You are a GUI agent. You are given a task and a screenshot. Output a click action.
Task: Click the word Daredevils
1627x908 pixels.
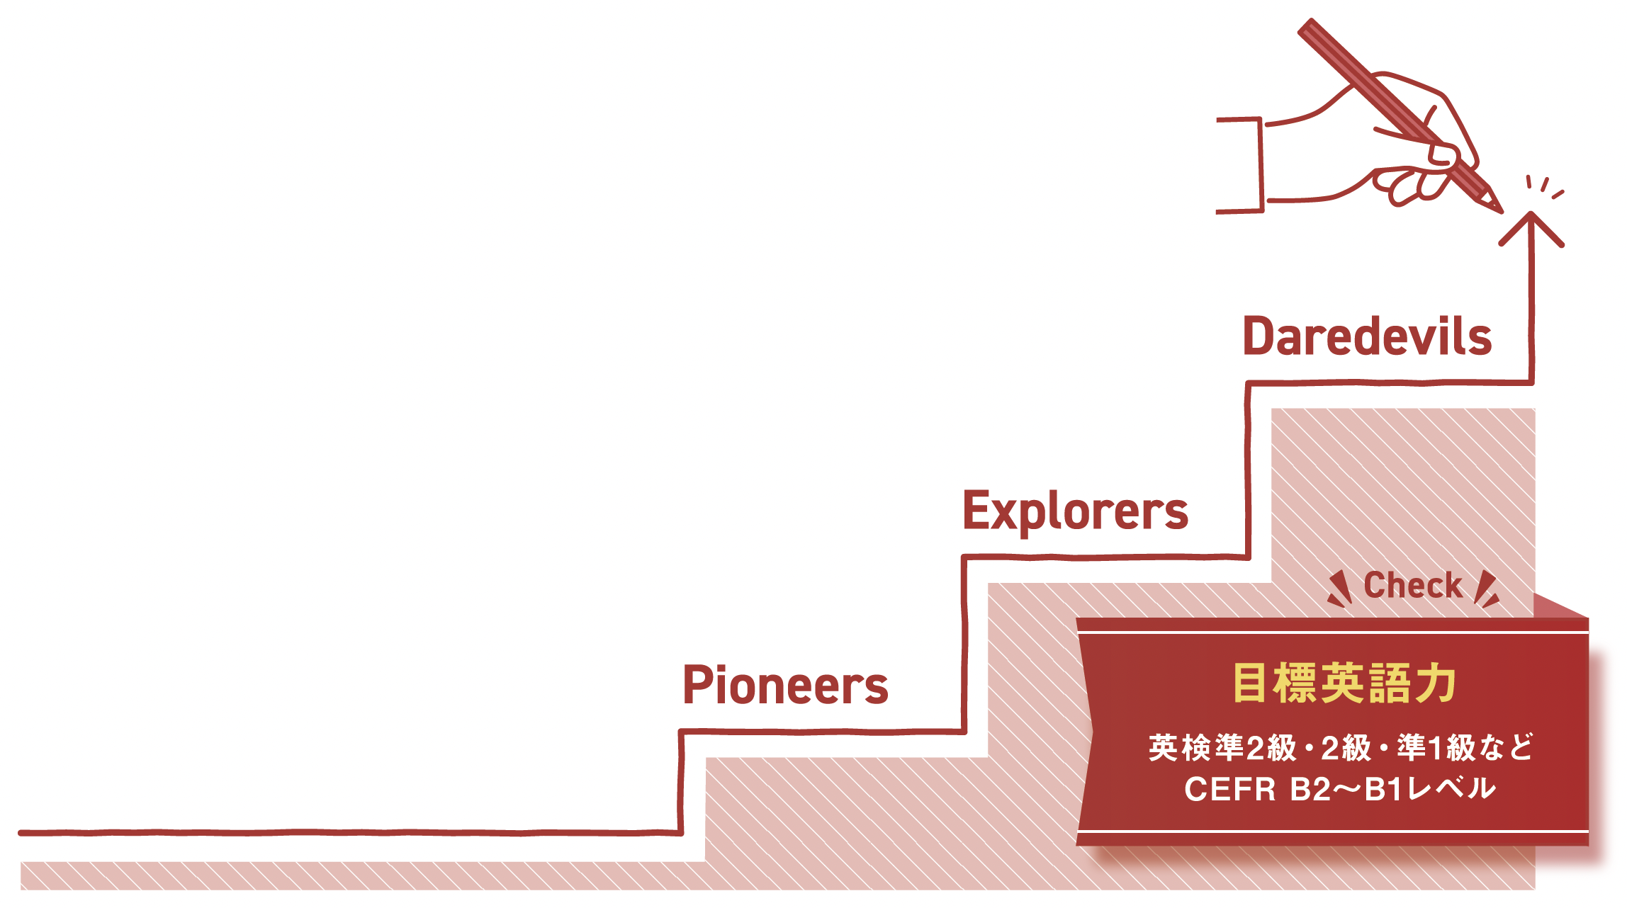click(x=1367, y=336)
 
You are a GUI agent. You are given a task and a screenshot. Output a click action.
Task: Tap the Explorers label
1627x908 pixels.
click(x=1075, y=511)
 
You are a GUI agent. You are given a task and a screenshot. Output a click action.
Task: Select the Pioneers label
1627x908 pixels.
click(x=785, y=686)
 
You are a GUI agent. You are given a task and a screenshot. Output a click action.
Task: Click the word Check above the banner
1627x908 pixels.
click(x=1413, y=586)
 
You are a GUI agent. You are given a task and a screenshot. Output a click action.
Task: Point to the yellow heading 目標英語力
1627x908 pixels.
click(x=1344, y=683)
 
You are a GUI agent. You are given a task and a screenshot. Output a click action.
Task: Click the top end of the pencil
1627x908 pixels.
click(x=1308, y=28)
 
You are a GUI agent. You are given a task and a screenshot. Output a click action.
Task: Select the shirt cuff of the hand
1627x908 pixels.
click(x=1242, y=165)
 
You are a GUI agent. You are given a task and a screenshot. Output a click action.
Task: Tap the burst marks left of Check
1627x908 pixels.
click(x=1339, y=590)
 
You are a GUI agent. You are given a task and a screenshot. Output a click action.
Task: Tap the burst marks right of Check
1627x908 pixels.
click(x=1487, y=590)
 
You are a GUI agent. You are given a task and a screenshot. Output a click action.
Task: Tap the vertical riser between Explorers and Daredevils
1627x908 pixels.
click(x=1248, y=471)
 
